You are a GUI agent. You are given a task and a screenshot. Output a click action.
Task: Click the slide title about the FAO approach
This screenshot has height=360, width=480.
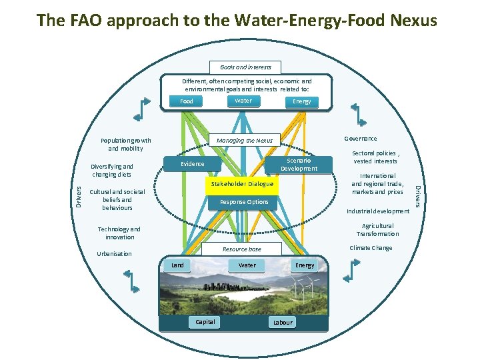tap(237, 21)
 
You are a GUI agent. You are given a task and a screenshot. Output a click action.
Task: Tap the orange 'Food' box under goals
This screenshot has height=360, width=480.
tap(187, 101)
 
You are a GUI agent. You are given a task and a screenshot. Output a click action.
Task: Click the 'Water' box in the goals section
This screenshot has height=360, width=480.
tap(243, 101)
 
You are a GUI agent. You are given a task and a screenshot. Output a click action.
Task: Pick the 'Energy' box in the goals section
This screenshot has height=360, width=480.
tap(301, 101)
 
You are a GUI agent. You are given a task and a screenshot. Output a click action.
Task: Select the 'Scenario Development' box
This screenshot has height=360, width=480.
tap(299, 165)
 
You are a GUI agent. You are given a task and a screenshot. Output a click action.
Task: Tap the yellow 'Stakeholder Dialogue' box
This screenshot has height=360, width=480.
tap(242, 183)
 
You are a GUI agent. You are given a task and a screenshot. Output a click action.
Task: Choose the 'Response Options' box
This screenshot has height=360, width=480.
tap(244, 201)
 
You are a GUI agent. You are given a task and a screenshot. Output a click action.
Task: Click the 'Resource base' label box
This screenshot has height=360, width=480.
tap(242, 249)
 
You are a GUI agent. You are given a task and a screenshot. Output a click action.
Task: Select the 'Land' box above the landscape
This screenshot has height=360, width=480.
tap(178, 265)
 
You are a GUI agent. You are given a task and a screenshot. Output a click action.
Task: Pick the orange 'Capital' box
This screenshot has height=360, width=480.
tap(205, 322)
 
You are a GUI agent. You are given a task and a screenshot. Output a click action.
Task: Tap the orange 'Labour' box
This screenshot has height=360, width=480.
tap(283, 322)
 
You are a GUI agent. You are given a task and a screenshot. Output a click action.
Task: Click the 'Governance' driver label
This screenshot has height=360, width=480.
tap(360, 139)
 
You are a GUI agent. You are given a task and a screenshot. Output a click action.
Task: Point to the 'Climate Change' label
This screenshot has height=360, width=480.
tap(371, 248)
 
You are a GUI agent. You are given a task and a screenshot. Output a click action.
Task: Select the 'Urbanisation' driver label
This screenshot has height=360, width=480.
tap(114, 253)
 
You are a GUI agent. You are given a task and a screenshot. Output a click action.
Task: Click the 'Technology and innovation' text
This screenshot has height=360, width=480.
tap(119, 233)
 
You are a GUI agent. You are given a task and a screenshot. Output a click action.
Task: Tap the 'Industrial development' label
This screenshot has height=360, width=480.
tap(378, 211)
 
